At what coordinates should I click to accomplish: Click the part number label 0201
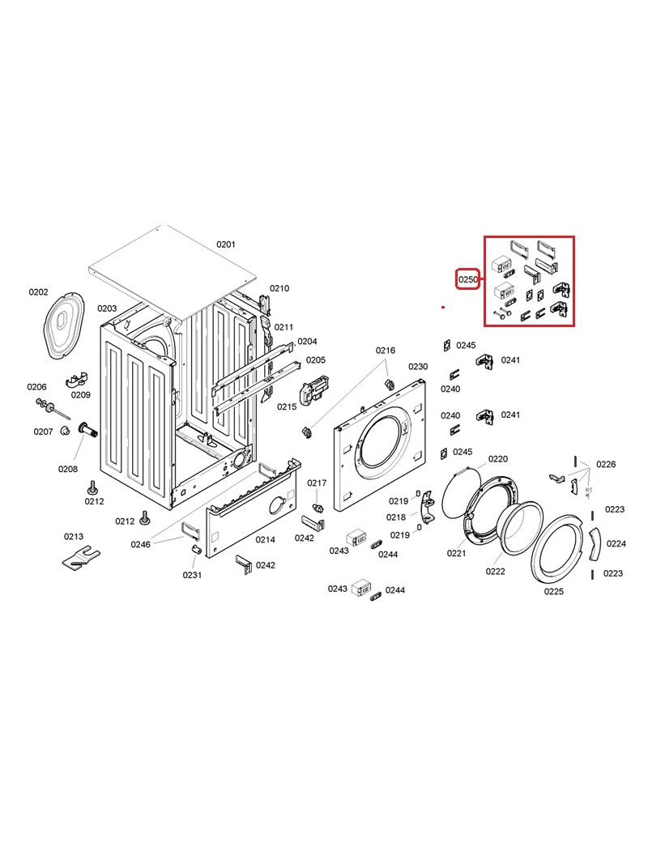point(226,245)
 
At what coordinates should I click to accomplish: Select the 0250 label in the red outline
point(467,279)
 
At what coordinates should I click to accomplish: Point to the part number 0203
point(107,308)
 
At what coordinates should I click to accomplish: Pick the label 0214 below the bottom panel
point(265,540)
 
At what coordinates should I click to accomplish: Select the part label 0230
point(417,366)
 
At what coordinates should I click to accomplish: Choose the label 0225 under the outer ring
point(553,591)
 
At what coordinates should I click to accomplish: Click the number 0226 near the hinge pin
point(606,464)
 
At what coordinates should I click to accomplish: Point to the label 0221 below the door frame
point(456,553)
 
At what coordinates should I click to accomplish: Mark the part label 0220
point(497,458)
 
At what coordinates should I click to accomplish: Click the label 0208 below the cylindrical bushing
point(68,469)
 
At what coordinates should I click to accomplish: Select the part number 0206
point(36,387)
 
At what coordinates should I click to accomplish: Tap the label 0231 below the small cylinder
point(192,575)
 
